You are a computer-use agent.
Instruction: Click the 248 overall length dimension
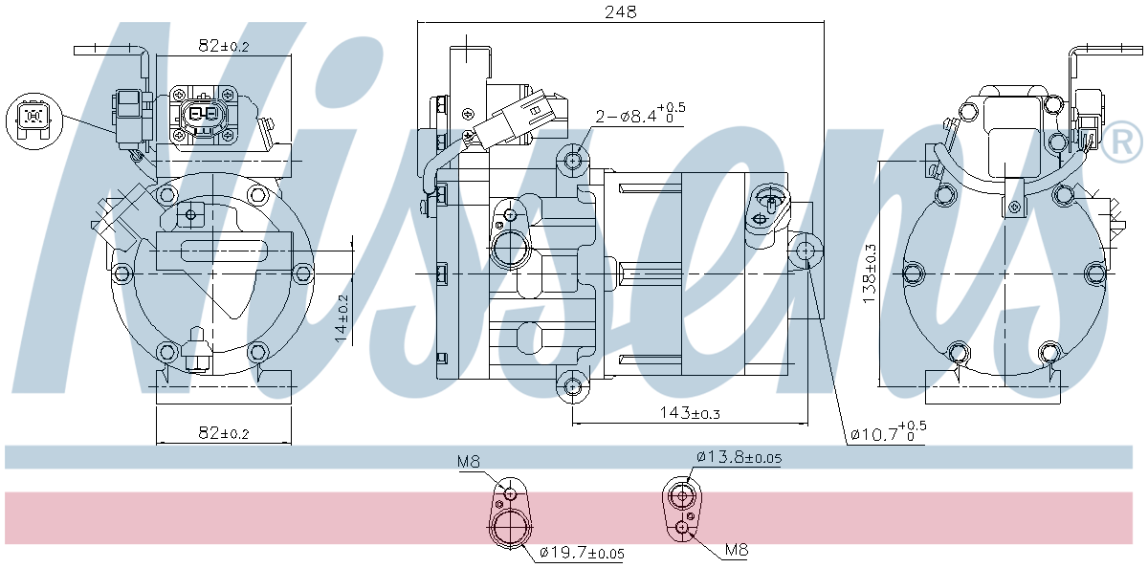click(620, 11)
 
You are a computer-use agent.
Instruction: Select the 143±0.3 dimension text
click(690, 413)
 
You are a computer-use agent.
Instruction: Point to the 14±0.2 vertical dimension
click(342, 318)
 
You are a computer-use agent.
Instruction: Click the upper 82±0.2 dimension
click(224, 46)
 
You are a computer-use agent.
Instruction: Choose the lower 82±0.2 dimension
click(224, 433)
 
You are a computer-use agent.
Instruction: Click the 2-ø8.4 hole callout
click(640, 114)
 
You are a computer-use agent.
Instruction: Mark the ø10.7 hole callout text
click(888, 432)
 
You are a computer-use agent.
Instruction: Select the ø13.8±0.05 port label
click(739, 457)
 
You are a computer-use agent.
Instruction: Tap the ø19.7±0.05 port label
click(583, 553)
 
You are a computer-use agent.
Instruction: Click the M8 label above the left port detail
click(469, 462)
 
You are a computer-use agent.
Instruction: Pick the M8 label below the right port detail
click(737, 550)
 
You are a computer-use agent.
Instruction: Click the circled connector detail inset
click(33, 121)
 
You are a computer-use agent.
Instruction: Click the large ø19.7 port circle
click(511, 527)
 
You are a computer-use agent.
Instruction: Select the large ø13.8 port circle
click(682, 495)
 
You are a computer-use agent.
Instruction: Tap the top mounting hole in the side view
click(572, 161)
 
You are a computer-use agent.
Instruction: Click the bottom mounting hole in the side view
click(572, 386)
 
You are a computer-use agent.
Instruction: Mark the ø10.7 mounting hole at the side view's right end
click(806, 251)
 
